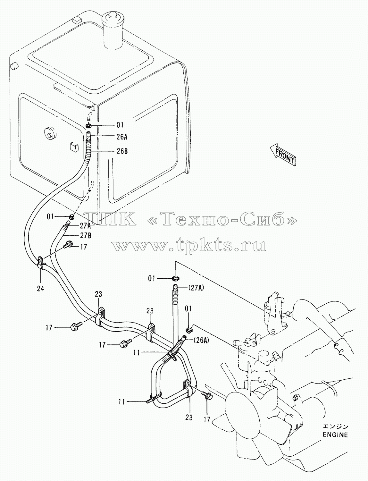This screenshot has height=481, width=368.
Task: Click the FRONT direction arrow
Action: coord(283,155)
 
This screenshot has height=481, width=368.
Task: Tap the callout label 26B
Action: coord(122,151)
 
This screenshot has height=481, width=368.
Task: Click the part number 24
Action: coord(40,289)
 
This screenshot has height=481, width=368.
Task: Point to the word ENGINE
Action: coord(335,435)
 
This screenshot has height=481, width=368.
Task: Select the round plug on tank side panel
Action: coord(50,133)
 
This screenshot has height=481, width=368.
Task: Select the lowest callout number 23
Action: coord(189,418)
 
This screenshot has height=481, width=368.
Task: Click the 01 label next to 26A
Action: coord(120,125)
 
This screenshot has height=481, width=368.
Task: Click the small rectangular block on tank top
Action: coord(77,21)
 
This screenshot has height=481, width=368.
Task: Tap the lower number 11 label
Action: coord(122,402)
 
